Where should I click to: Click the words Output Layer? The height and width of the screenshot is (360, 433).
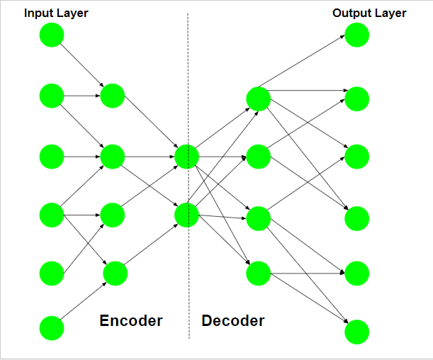pyautogui.click(x=369, y=13)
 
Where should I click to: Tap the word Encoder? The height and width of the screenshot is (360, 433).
pyautogui.click(x=131, y=321)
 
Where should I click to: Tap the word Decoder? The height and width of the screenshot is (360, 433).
pyautogui.click(x=233, y=321)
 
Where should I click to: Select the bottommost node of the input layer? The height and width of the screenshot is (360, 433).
pyautogui.click(x=52, y=328)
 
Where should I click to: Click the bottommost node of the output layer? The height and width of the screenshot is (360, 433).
pyautogui.click(x=357, y=331)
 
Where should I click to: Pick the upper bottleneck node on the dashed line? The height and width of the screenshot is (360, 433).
pyautogui.click(x=186, y=156)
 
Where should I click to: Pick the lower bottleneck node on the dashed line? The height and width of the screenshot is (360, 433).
pyautogui.click(x=186, y=215)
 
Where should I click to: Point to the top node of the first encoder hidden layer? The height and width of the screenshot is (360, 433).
pyautogui.click(x=113, y=95)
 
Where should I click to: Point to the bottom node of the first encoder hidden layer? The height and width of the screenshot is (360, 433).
pyautogui.click(x=114, y=273)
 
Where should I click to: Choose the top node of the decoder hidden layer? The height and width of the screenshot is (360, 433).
pyautogui.click(x=258, y=99)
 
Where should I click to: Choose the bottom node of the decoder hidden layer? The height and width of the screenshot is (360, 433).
pyautogui.click(x=258, y=273)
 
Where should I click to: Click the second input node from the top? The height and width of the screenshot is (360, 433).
pyautogui.click(x=52, y=95)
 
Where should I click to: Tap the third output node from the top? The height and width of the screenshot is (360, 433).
pyautogui.click(x=357, y=156)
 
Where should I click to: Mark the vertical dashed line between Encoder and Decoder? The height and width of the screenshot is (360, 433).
pyautogui.click(x=189, y=71)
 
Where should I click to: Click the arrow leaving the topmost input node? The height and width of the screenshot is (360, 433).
pyautogui.click(x=82, y=65)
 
